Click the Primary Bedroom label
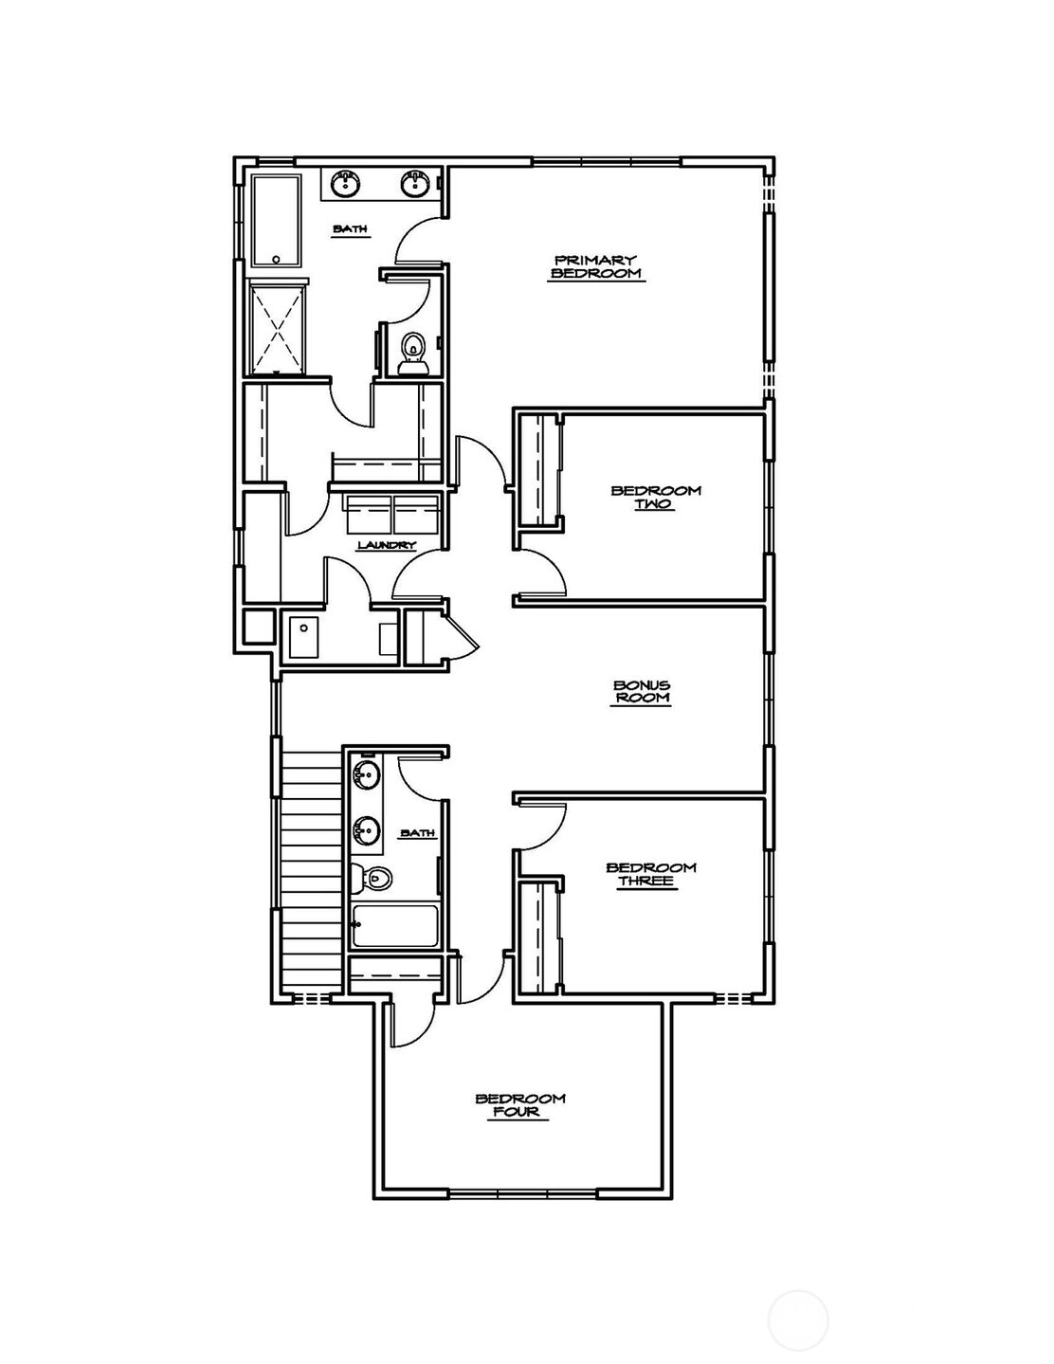point(596,266)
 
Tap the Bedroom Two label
point(656,497)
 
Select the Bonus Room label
point(641,692)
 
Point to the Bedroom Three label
point(651,875)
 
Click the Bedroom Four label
point(520,1106)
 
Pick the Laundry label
point(387,545)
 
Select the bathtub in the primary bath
point(276,222)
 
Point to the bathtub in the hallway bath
point(394,926)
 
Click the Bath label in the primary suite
point(350,229)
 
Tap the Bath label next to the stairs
point(418,833)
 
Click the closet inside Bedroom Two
point(538,469)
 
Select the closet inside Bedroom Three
point(538,937)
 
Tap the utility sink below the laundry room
point(304,638)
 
